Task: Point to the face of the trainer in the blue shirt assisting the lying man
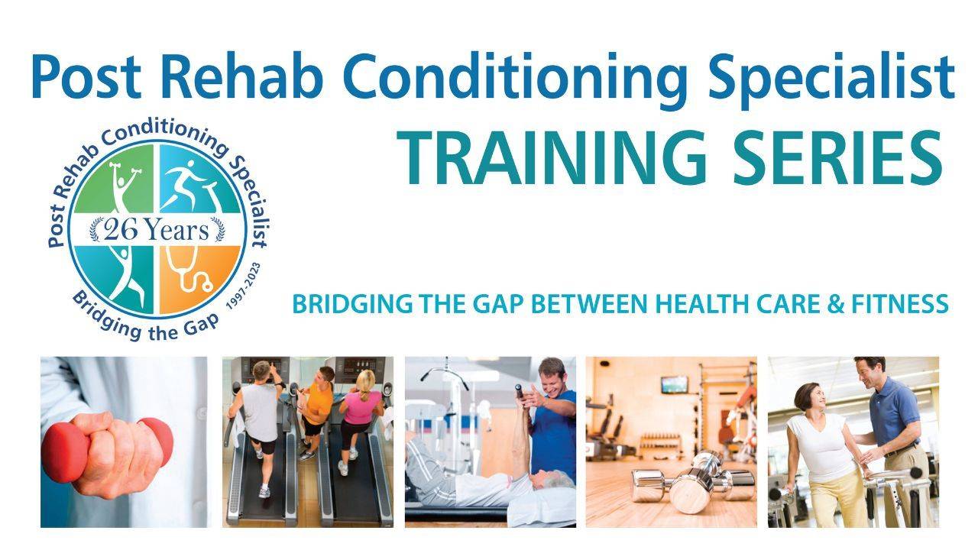click(x=552, y=376)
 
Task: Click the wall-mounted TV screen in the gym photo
click(x=674, y=384)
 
